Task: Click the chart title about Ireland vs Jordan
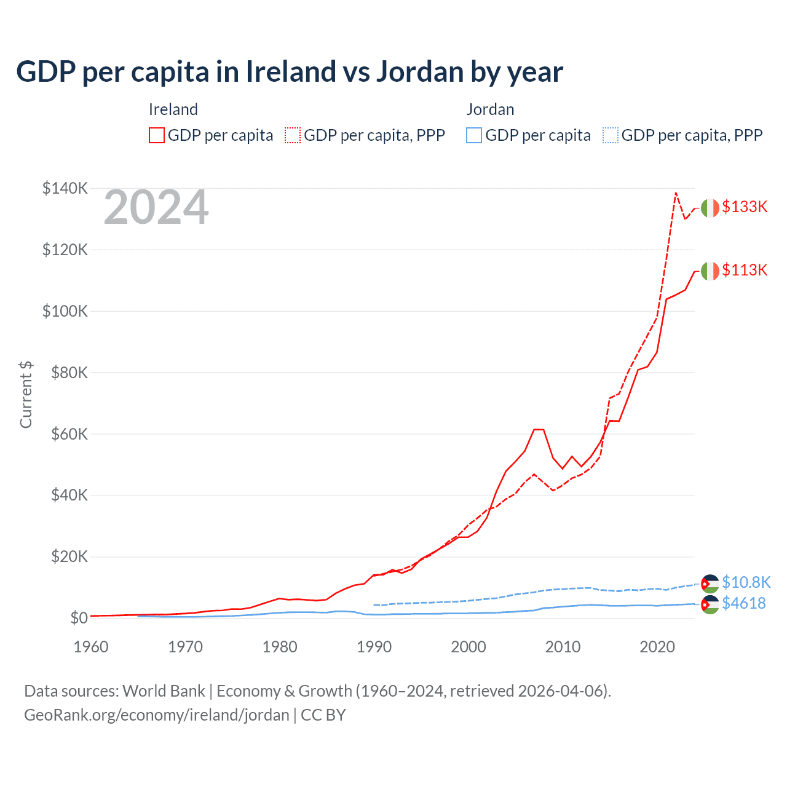pos(289,71)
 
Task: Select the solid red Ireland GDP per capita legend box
pos(157,135)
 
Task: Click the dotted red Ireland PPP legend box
pos(293,135)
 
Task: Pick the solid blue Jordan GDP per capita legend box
pos(474,135)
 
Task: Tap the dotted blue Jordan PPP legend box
pos(611,135)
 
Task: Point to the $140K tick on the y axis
pos(65,188)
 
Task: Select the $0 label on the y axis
pos(79,618)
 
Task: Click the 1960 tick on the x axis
pos(91,647)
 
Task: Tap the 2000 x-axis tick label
pos(469,647)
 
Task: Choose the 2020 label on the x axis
pos(657,647)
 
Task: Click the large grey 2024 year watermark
pos(156,208)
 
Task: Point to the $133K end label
pos(745,207)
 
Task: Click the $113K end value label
pos(745,270)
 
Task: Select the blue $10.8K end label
pos(746,582)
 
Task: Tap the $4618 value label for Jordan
pos(744,603)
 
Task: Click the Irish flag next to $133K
pos(710,208)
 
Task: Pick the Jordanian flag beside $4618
pos(710,604)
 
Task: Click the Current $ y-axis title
pos(26,395)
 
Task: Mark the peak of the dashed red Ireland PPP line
pos(676,193)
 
